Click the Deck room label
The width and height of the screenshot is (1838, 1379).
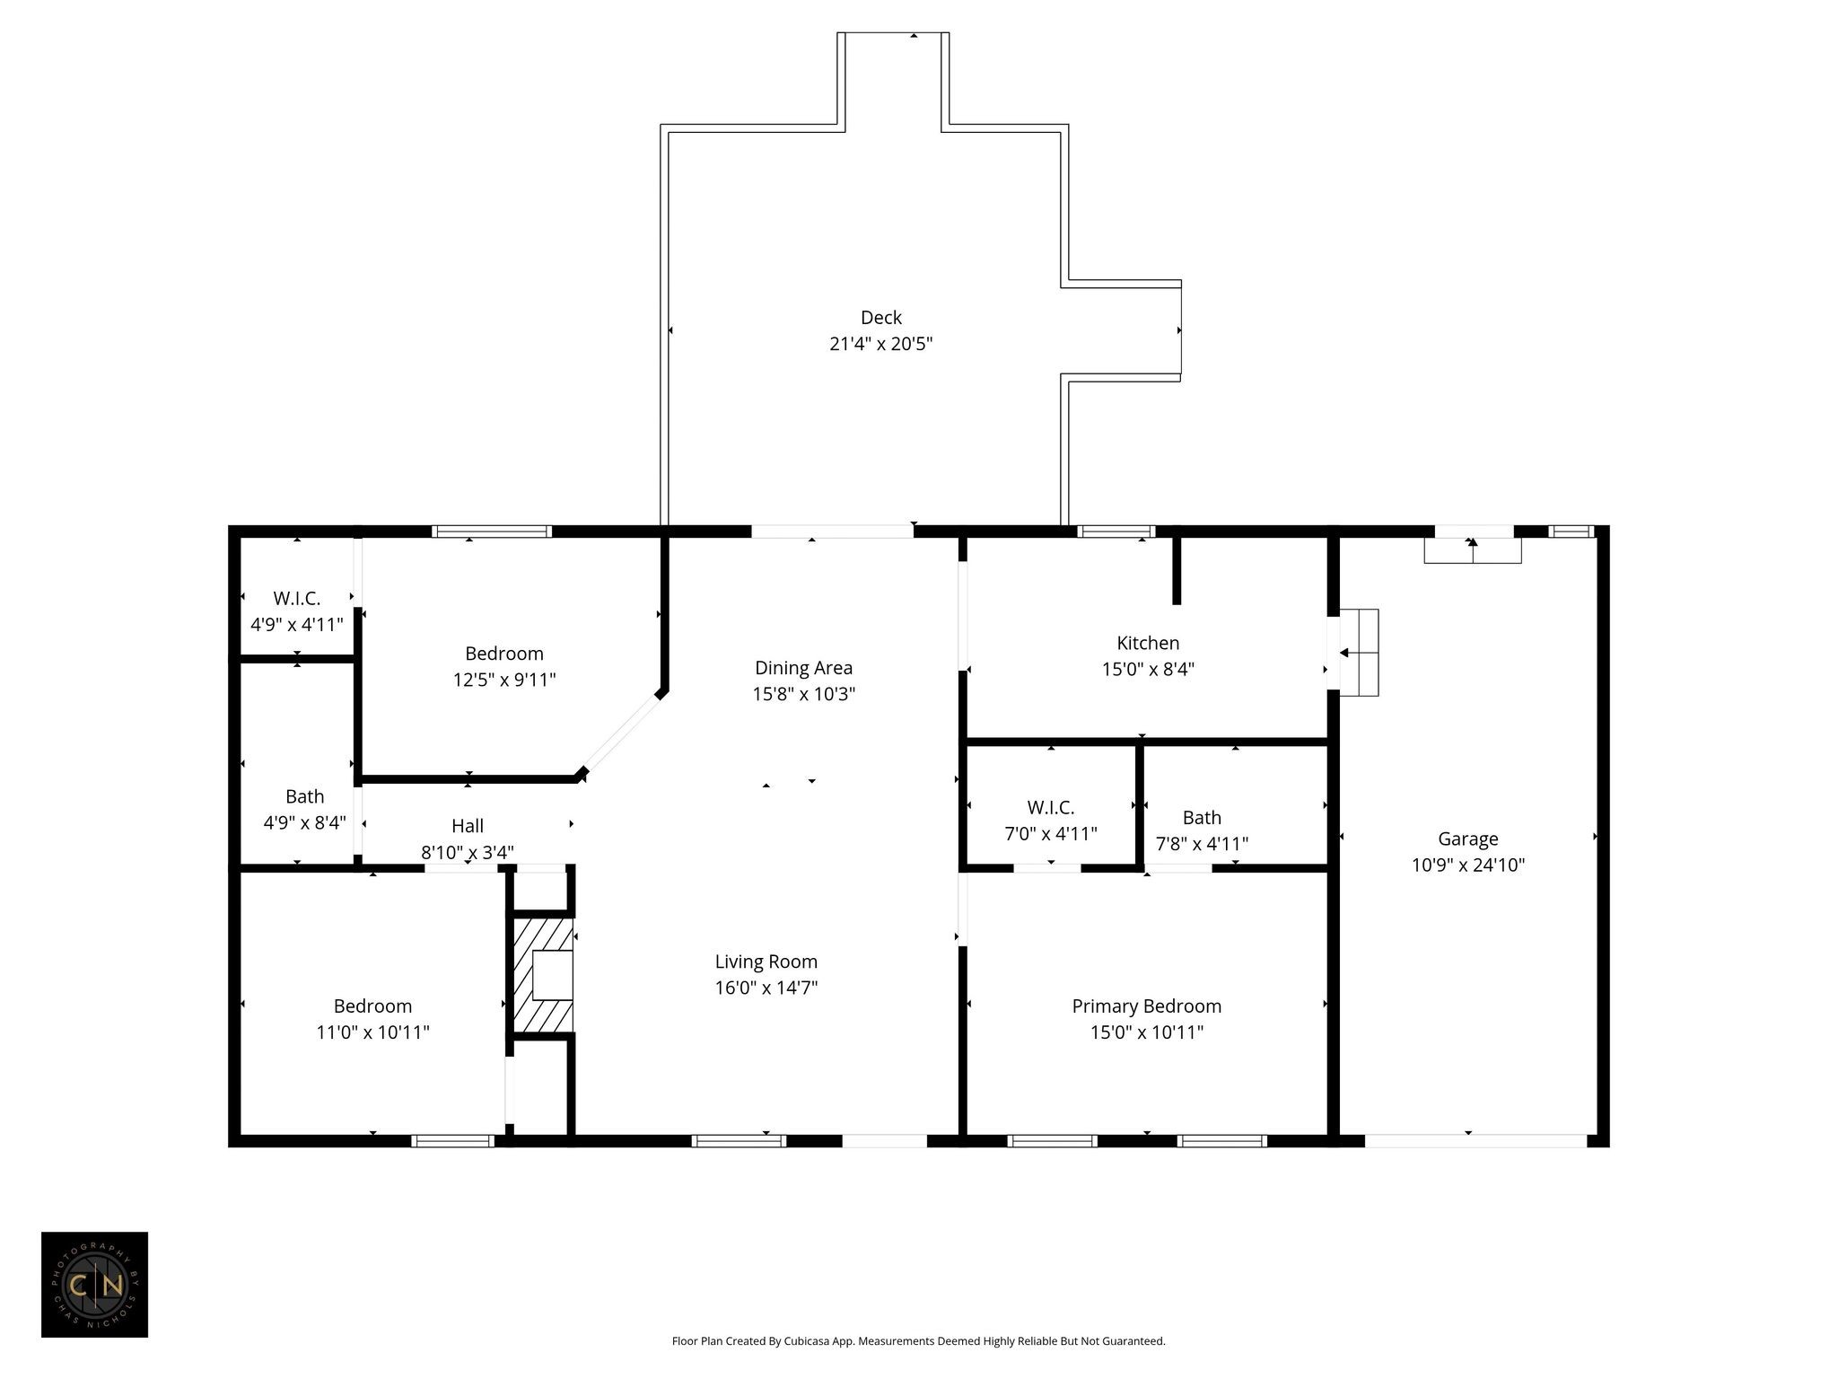[x=880, y=317]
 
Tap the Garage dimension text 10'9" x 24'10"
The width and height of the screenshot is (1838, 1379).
[x=1468, y=865]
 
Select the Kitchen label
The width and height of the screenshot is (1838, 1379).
[x=1148, y=643]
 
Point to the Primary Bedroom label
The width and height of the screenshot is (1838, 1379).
[x=1146, y=1006]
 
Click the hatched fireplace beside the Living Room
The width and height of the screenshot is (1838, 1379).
[x=542, y=974]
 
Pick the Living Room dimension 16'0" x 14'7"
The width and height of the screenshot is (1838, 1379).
[x=766, y=988]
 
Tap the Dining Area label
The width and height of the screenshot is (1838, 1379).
[x=803, y=668]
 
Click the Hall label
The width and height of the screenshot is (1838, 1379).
[x=468, y=826]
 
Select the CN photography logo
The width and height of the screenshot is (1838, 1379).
[x=94, y=1285]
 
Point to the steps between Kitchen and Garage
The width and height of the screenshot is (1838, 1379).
[x=1359, y=653]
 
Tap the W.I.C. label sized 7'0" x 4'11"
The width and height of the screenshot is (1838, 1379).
[x=1050, y=807]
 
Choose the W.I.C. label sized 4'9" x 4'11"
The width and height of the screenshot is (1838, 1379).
[x=296, y=598]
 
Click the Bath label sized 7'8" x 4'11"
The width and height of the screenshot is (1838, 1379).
[x=1202, y=818]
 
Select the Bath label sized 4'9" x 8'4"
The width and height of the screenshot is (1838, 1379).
[x=304, y=796]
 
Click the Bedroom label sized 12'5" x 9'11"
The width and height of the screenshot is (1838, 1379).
[x=503, y=654]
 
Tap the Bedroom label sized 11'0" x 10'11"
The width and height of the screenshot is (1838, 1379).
[x=372, y=1006]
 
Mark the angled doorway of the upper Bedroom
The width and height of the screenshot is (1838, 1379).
[x=621, y=733]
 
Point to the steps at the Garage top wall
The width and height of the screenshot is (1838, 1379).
[x=1473, y=550]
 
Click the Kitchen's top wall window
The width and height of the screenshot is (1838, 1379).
[x=1116, y=531]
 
